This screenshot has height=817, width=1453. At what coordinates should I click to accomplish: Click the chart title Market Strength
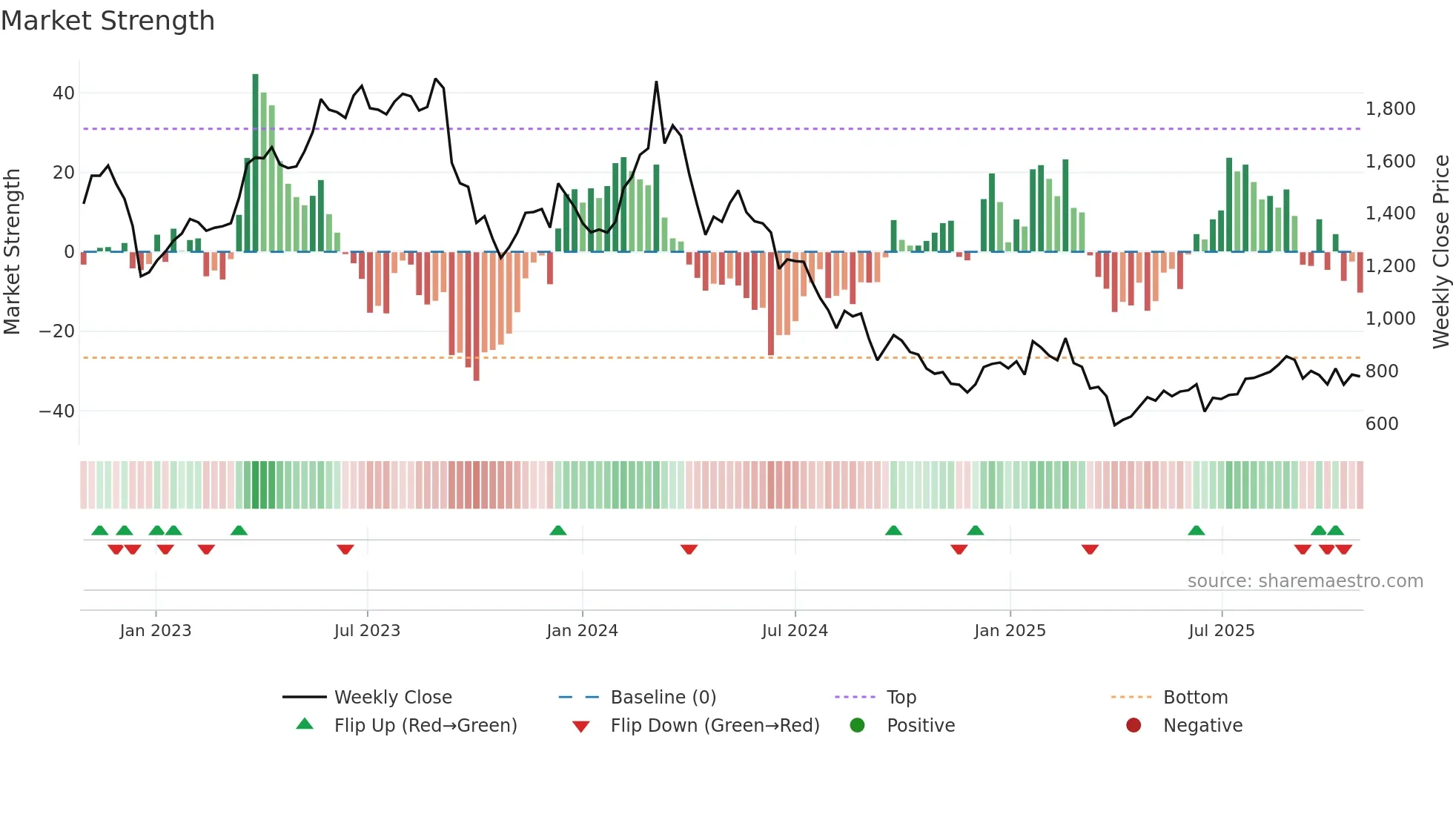coord(107,21)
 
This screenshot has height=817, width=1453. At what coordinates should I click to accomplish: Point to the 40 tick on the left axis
coord(63,93)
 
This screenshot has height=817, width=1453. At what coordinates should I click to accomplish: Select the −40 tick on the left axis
coord(56,411)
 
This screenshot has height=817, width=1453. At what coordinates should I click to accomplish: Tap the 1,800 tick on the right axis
coord(1390,109)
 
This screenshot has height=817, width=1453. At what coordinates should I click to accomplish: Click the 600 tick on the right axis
coord(1381,423)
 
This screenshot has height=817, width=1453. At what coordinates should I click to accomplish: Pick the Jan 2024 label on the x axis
coord(582,631)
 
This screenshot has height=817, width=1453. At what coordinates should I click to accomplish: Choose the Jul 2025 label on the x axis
coord(1221,631)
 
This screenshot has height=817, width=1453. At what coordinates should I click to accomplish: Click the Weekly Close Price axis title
coord(1440,251)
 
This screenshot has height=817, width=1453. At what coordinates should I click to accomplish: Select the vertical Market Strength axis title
coord(12,251)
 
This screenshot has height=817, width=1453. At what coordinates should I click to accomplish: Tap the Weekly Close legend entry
coord(392,698)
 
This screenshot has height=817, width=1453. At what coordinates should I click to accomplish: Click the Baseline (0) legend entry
coord(663,698)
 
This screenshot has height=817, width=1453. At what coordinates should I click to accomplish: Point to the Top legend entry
coord(901,698)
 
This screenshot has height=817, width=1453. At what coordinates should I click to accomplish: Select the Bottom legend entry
coord(1195,698)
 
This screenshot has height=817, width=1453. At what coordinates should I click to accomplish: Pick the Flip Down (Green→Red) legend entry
coord(714,726)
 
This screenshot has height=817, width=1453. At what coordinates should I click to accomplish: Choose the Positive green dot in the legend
coord(858,726)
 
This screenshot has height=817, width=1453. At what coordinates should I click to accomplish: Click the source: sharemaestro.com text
coord(1305,581)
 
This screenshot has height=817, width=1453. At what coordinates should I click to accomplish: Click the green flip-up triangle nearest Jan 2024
coord(558,530)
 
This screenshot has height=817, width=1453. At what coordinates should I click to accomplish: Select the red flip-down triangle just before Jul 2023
coord(345,549)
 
